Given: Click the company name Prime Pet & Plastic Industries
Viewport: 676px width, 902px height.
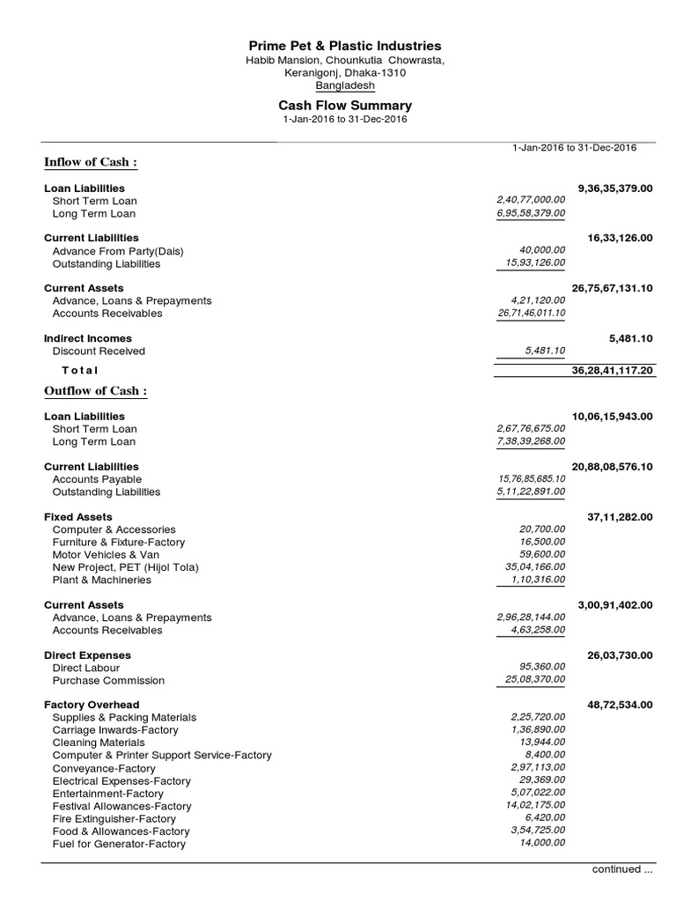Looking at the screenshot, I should click(345, 46).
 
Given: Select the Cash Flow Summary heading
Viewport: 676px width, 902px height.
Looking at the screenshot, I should click(345, 105).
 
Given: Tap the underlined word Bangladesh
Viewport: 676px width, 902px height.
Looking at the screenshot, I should click(345, 85).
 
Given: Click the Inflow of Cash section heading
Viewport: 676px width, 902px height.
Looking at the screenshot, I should click(92, 162).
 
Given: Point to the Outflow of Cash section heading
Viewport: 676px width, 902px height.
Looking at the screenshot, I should click(96, 391).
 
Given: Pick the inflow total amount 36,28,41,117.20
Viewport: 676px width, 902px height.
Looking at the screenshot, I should click(612, 371).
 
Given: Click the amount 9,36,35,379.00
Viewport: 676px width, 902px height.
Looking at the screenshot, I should click(615, 189).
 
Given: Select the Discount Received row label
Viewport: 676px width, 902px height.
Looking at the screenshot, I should click(99, 351).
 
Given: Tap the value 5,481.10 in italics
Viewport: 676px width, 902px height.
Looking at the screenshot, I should click(545, 351).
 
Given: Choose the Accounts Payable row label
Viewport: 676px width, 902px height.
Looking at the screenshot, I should click(98, 479).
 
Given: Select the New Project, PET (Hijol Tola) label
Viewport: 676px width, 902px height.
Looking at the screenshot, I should click(125, 567).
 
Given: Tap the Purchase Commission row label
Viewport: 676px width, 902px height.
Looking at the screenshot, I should click(108, 681).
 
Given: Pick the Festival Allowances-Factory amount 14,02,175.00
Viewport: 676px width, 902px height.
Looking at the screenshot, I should click(534, 805).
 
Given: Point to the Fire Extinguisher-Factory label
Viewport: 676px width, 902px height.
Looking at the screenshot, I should click(114, 818).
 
